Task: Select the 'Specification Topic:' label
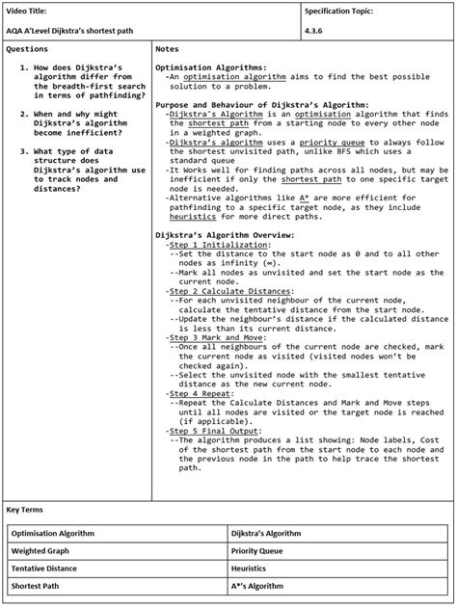point(338,11)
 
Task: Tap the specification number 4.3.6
point(315,30)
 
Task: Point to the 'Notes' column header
point(167,48)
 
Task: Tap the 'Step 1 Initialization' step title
point(214,245)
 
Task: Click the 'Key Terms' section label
point(25,508)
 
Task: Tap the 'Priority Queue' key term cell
point(258,550)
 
